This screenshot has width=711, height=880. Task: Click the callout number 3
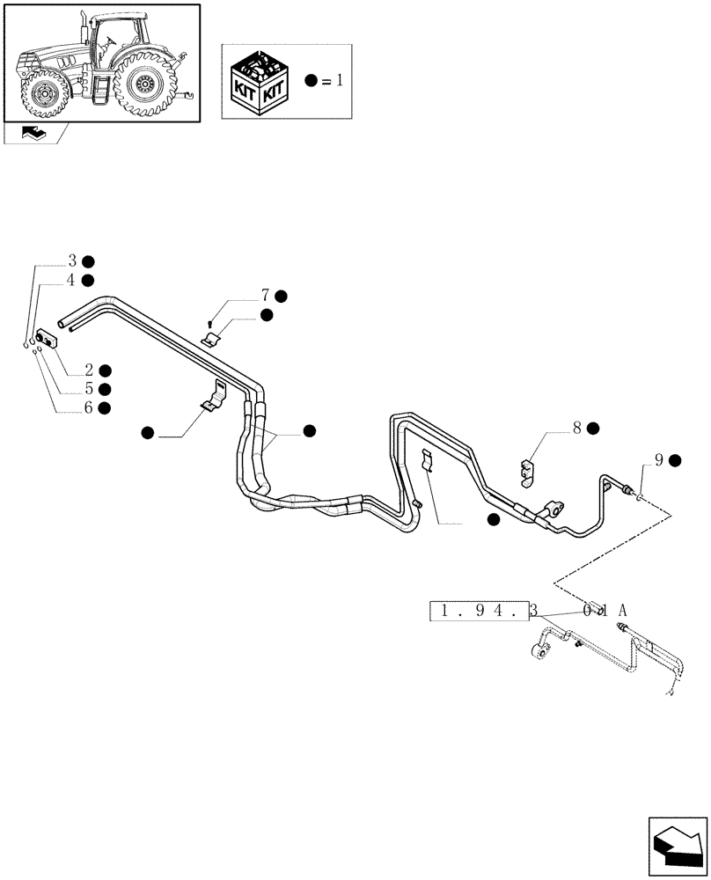click(x=73, y=261)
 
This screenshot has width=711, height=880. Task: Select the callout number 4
click(x=73, y=280)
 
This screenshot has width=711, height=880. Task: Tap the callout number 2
click(x=89, y=370)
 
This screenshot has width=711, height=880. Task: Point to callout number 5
click(x=89, y=389)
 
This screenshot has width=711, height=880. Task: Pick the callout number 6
click(x=89, y=407)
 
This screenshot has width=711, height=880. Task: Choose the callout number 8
click(x=576, y=429)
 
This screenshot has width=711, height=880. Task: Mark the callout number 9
click(x=658, y=459)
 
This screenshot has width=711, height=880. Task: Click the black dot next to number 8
click(x=593, y=429)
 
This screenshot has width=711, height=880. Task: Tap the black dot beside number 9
click(x=675, y=460)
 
